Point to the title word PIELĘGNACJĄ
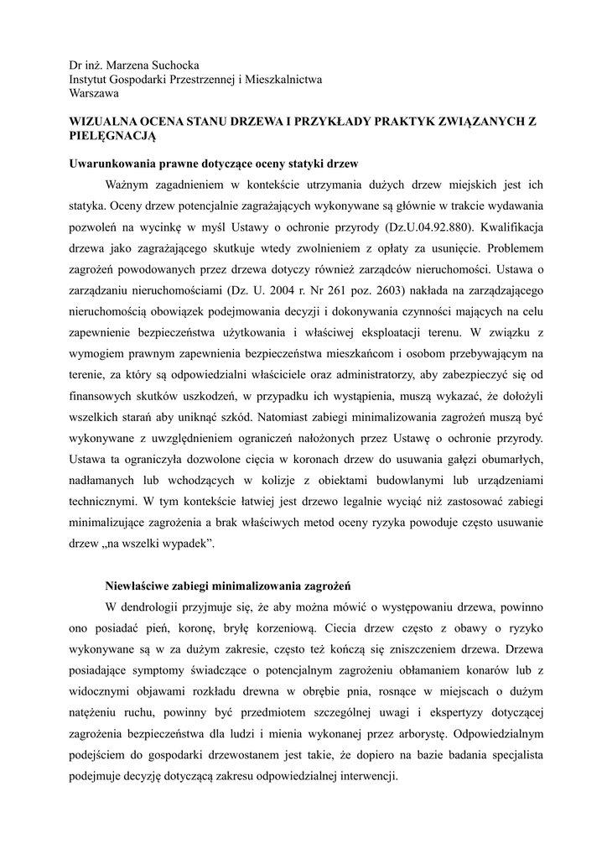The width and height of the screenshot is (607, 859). pos(112,135)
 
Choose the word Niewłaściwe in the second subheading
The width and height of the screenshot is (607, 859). pos(141,585)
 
